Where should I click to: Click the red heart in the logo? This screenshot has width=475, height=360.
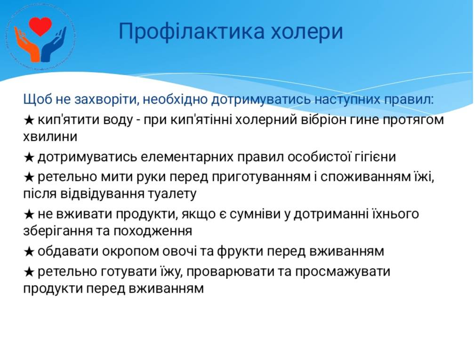[40, 26]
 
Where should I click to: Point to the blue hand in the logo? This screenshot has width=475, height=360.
[54, 45]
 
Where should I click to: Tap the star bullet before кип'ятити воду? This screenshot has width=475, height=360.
[29, 120]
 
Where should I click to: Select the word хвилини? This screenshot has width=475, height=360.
[50, 137]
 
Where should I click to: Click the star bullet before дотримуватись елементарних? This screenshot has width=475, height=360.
[29, 157]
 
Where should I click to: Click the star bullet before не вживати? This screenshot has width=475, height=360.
[29, 215]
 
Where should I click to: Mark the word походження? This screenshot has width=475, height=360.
[153, 231]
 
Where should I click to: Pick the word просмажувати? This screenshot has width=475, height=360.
[343, 271]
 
